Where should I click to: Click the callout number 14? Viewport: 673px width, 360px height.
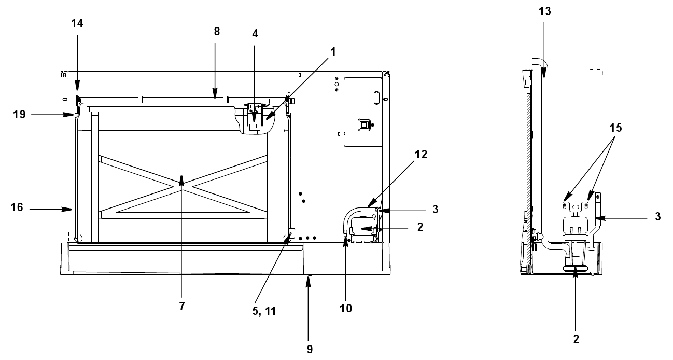77,23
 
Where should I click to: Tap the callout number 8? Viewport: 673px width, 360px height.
217,31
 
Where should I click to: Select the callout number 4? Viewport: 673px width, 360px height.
255,34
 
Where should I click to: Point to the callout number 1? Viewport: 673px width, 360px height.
333,52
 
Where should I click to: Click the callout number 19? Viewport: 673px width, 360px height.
19,114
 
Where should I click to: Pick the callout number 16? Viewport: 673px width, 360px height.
17,207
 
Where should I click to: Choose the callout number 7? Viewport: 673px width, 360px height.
182,306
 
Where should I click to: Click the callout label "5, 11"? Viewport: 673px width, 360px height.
264,311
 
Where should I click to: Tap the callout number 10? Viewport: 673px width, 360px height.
345,308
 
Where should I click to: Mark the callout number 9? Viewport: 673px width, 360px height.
310,349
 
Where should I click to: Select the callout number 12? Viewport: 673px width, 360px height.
420,154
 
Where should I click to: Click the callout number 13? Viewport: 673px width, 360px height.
545,11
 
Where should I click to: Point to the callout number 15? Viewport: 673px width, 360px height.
615,128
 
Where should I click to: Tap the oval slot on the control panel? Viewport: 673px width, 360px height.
376,98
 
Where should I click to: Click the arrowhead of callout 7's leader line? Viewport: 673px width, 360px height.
181,181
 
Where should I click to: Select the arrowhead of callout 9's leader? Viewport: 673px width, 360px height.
308,283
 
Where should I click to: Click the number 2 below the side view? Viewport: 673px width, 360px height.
576,339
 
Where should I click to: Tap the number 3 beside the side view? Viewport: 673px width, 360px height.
657,216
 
